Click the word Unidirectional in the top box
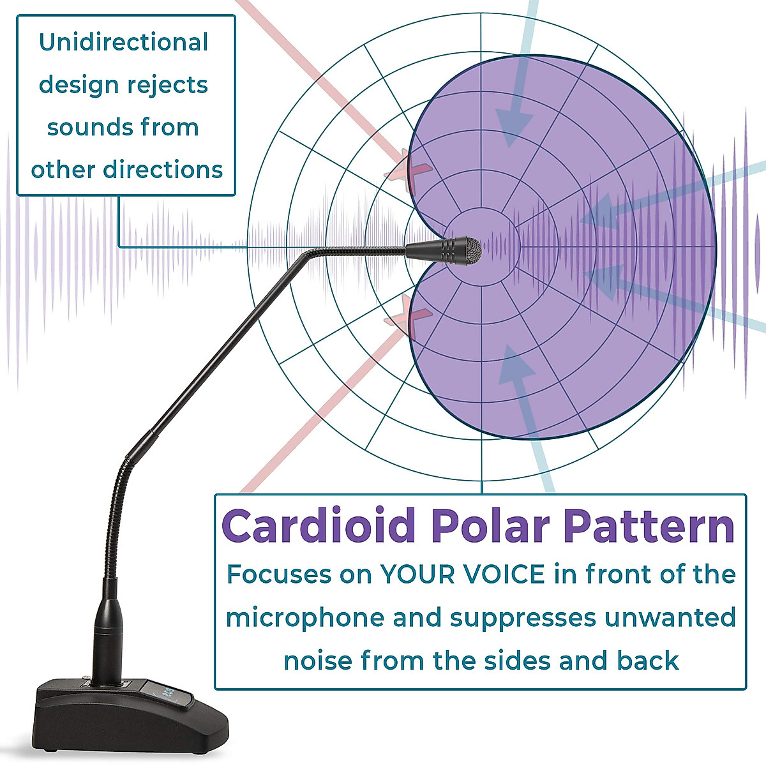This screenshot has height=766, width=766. coord(124,42)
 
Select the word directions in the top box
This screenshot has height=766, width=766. coord(163,170)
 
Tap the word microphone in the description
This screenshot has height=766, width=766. coord(305,619)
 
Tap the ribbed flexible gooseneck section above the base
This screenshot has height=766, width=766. coord(116,517)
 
